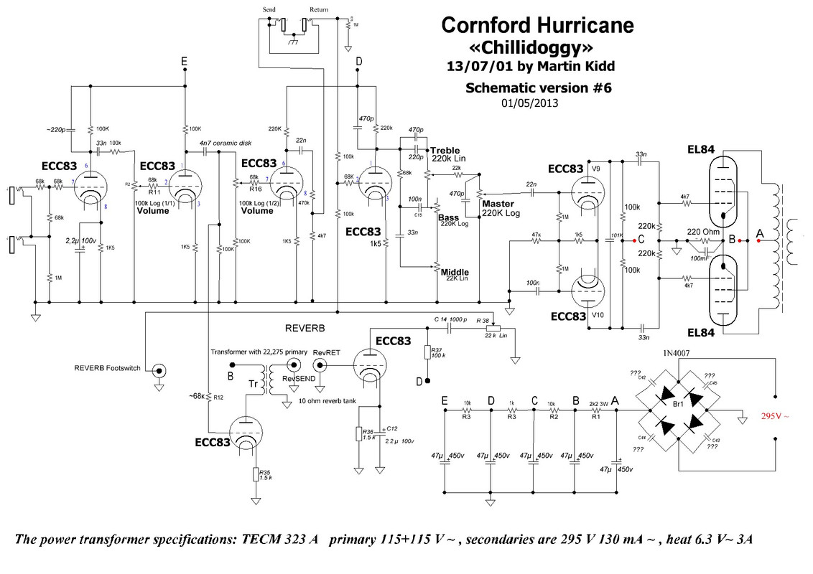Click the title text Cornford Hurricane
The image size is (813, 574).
tap(537, 26)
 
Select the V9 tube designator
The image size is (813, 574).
tap(595, 169)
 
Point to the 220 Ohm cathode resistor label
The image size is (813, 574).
tap(703, 232)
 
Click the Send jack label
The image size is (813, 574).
tap(270, 9)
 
